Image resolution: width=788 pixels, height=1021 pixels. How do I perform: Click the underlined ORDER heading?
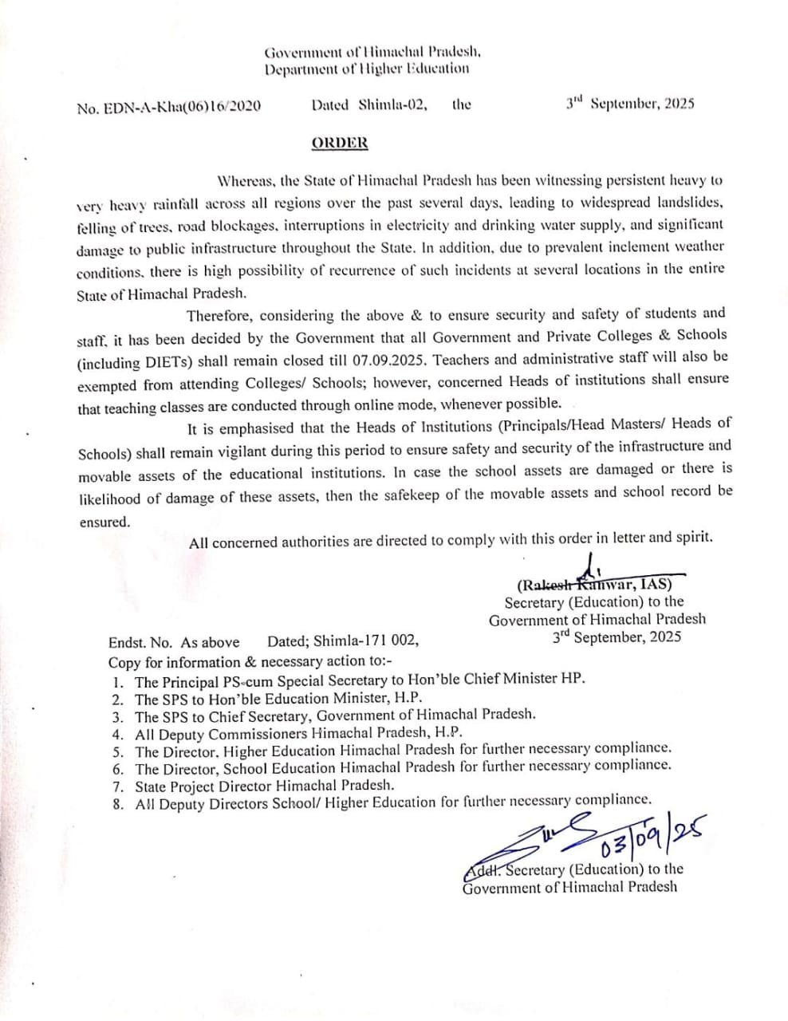[x=340, y=143]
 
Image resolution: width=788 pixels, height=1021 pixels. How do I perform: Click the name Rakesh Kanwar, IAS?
[x=594, y=583]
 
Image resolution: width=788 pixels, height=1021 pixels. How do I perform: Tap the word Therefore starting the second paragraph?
[x=218, y=316]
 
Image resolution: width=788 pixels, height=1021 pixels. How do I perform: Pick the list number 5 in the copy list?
[x=118, y=751]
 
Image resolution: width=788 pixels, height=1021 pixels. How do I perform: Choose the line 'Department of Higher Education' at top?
[x=367, y=69]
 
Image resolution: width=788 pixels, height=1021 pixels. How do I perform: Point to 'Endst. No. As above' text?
[x=174, y=642]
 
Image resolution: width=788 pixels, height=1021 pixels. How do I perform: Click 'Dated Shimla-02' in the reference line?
[x=369, y=104]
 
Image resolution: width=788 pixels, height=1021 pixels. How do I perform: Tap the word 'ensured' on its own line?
[x=104, y=522]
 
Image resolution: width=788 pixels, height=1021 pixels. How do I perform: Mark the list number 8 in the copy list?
[x=118, y=804]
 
